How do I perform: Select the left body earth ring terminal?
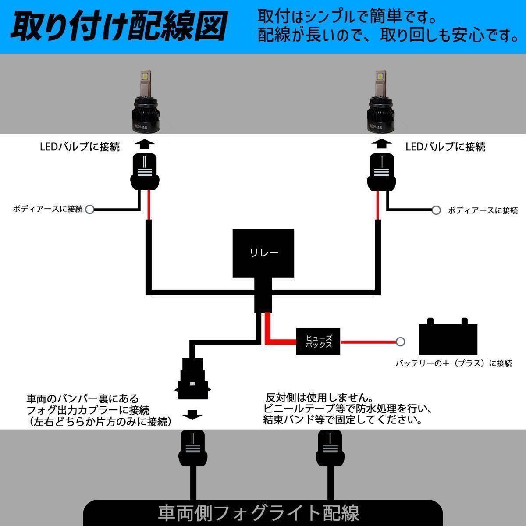pos(90,209)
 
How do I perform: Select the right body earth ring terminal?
pos(436,210)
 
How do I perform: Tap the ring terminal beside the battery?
pos(400,341)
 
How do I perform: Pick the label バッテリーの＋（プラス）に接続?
pos(454,363)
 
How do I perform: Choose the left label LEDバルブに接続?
pos(79,147)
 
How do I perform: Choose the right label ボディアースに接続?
pos(483,210)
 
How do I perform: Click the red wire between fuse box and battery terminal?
pos(368,341)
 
